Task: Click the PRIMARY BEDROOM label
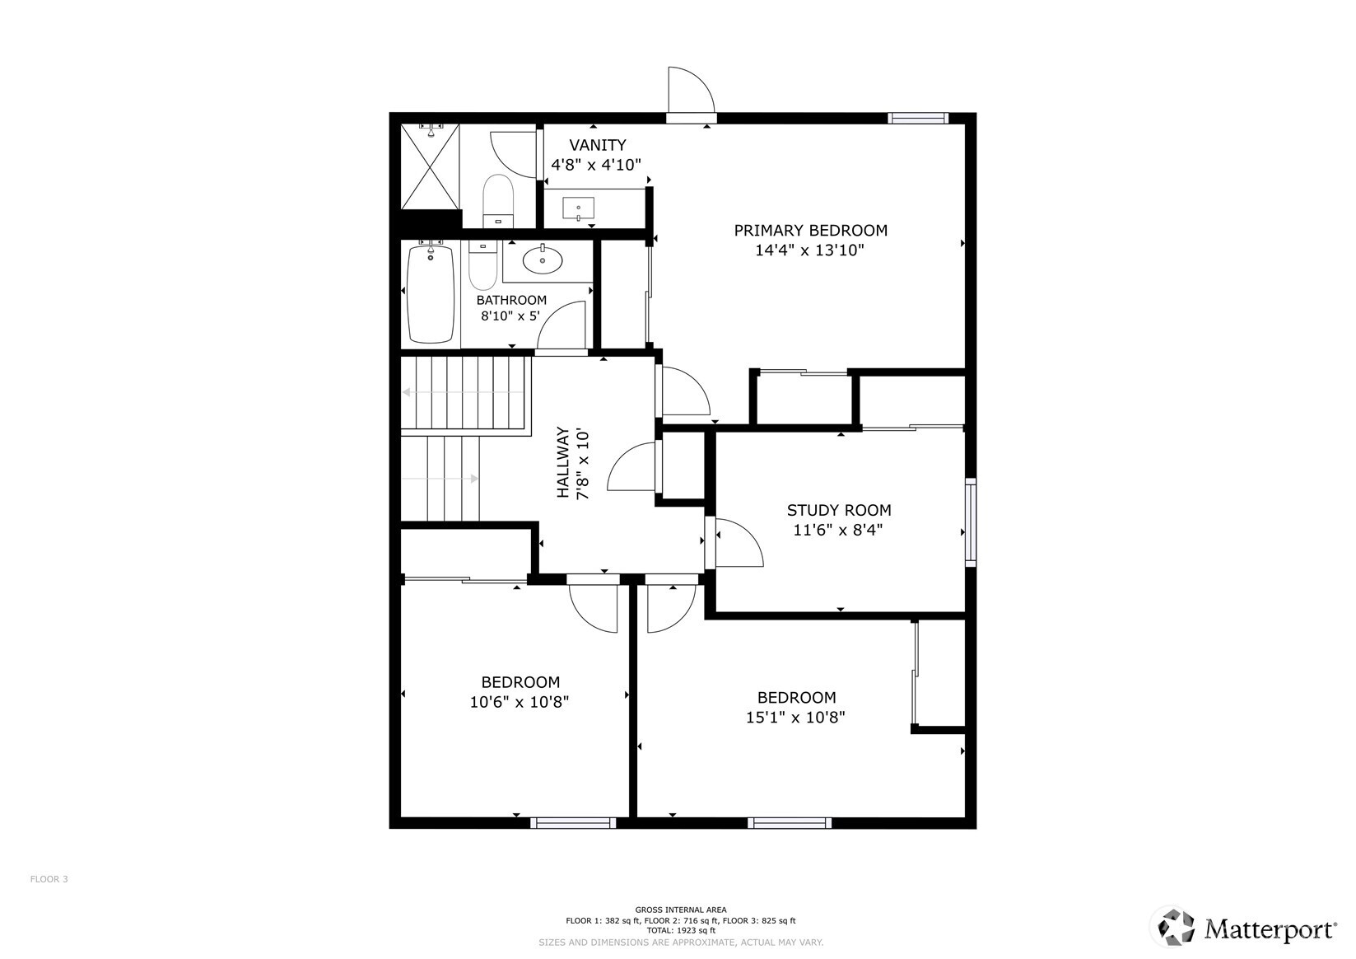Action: tap(810, 231)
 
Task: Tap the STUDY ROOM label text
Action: tap(838, 511)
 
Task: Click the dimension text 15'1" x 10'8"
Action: tap(795, 718)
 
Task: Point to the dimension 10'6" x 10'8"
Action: tap(520, 703)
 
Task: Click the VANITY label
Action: tap(597, 145)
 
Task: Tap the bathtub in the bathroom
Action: tap(431, 294)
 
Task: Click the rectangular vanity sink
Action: tap(579, 208)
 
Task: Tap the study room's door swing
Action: tap(739, 544)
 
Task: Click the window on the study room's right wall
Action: tap(971, 522)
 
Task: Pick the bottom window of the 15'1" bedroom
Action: tap(790, 822)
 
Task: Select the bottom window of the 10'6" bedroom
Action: tap(573, 822)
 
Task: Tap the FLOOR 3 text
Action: tap(49, 879)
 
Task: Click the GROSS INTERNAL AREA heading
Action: tap(680, 910)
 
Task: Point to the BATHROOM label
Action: tap(511, 300)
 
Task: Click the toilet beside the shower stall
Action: tap(498, 199)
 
